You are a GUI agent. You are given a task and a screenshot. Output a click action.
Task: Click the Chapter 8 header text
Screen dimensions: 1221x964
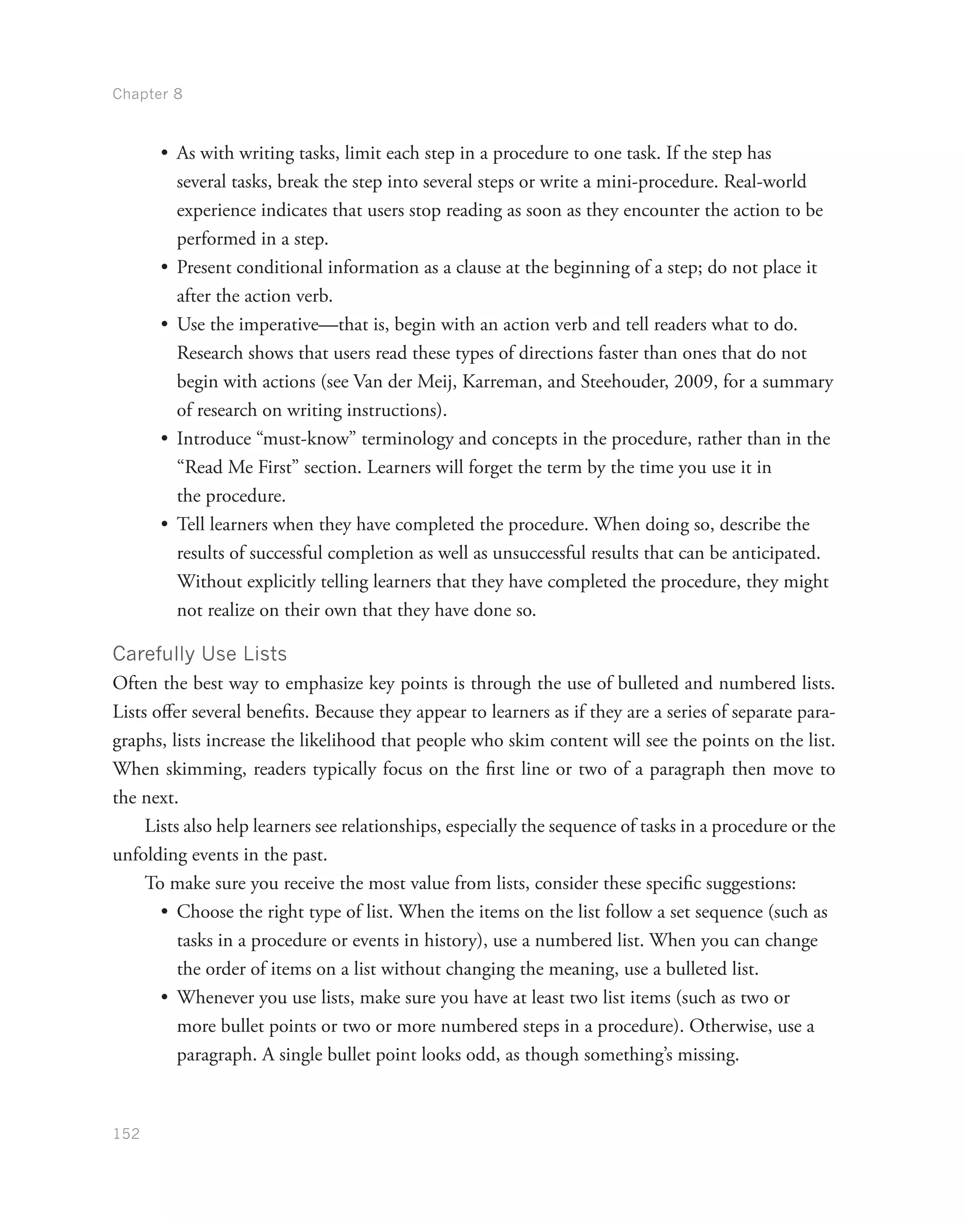point(147,94)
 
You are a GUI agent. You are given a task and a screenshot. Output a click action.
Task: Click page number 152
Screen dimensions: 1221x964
point(127,1134)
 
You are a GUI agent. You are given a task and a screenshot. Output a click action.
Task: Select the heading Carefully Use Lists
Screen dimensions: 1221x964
point(200,654)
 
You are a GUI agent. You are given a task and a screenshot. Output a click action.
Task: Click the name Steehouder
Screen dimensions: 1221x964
point(624,382)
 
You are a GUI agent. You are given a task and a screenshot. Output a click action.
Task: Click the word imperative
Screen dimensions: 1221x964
point(279,325)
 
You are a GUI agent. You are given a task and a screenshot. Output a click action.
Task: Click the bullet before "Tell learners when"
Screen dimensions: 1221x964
point(165,525)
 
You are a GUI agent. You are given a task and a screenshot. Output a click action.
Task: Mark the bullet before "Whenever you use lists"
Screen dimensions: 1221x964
point(165,998)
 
